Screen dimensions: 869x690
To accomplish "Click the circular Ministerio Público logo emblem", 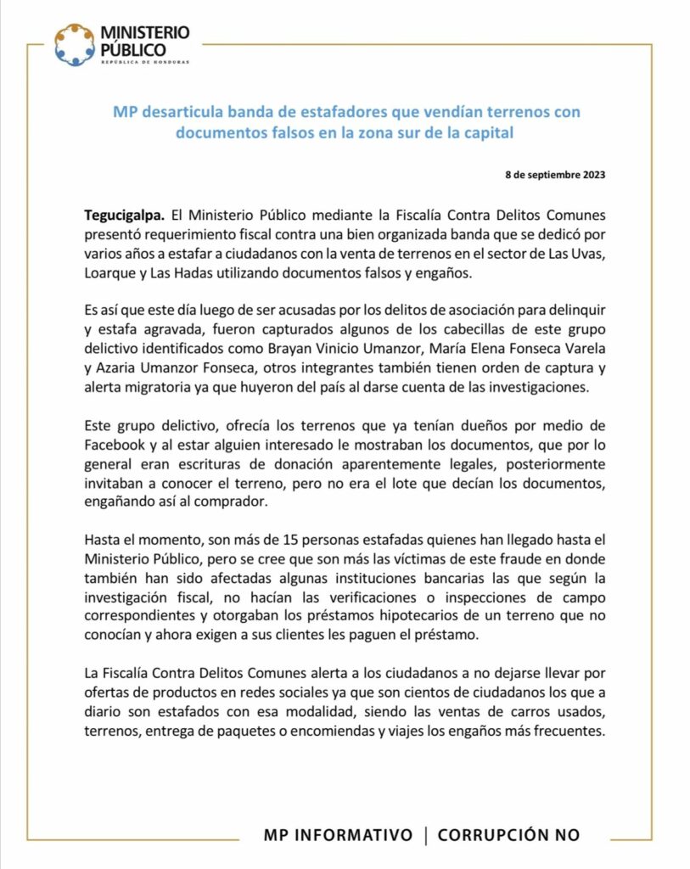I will tap(76, 44).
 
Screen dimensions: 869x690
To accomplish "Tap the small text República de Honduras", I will tap(145, 63).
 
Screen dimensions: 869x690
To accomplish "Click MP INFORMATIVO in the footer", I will tap(338, 835).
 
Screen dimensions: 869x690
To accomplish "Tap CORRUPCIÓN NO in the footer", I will tap(508, 835).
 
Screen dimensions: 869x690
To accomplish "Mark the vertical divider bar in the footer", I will tap(425, 835).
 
